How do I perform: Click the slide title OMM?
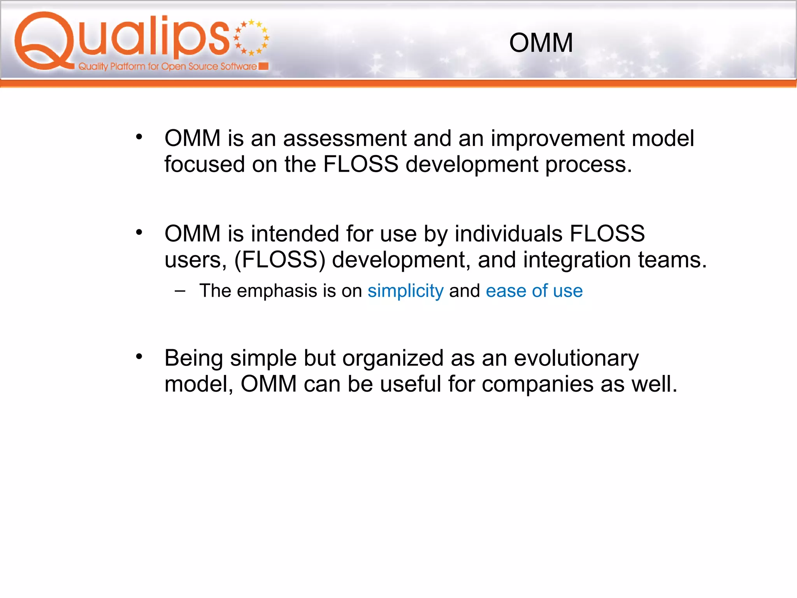point(541,43)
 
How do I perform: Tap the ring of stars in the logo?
point(251,37)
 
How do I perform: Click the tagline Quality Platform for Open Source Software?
point(167,67)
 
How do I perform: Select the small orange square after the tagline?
point(263,66)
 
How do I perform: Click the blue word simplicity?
point(405,291)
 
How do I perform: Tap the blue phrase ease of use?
point(534,291)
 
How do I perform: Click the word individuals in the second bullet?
point(508,234)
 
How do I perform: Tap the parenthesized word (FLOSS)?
point(279,260)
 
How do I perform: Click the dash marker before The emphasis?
point(180,290)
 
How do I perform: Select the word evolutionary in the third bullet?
point(576,358)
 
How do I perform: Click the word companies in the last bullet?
point(537,384)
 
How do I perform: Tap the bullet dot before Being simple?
point(139,356)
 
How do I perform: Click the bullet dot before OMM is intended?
point(139,232)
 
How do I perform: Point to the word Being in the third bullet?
point(193,358)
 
